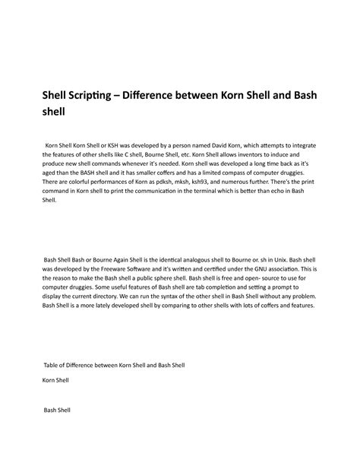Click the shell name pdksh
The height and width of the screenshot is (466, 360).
coord(176,183)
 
